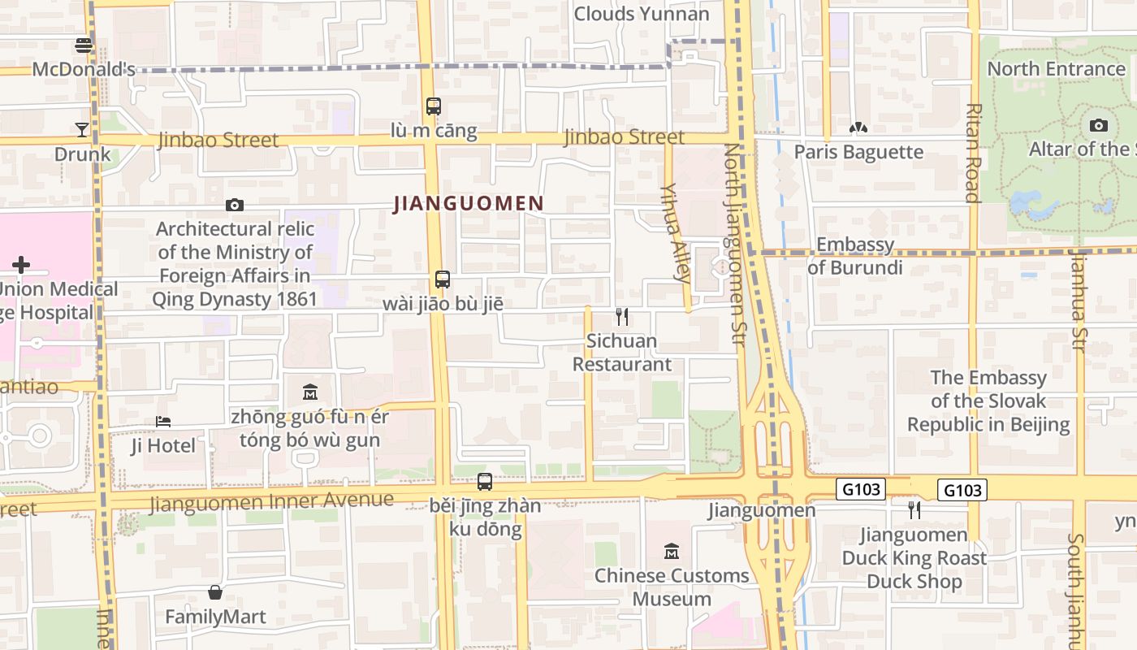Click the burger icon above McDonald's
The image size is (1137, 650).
[84, 45]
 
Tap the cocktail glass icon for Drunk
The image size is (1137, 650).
[82, 129]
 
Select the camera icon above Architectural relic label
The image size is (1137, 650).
[235, 205]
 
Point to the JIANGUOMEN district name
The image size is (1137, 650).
[469, 203]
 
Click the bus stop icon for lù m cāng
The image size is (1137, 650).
[434, 106]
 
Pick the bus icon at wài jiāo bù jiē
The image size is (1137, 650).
[443, 279]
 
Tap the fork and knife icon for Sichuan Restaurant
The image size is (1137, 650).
[622, 317]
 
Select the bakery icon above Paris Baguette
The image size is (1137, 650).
[858, 128]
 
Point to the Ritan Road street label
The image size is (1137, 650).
[973, 153]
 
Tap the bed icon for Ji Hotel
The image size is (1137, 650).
[163, 422]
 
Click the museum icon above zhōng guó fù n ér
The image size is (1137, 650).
[309, 392]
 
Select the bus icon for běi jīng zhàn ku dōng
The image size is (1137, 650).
[485, 481]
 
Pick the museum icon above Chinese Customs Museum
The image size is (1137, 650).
[672, 551]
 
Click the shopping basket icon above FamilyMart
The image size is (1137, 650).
[215, 592]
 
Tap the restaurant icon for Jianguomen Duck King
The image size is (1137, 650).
[914, 509]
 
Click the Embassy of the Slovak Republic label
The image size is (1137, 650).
[988, 401]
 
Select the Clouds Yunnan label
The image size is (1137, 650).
[642, 14]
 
